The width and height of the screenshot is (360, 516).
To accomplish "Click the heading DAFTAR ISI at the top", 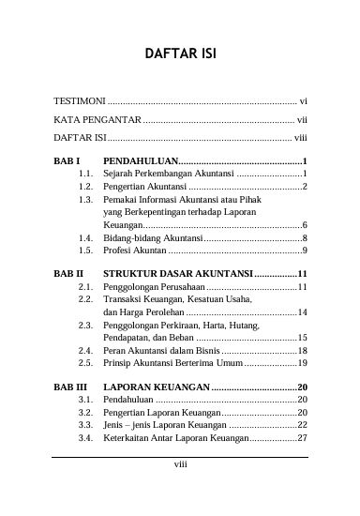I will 180,54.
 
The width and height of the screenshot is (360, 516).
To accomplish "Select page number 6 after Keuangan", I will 306,226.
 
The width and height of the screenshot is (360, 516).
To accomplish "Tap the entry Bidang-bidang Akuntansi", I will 149,238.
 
